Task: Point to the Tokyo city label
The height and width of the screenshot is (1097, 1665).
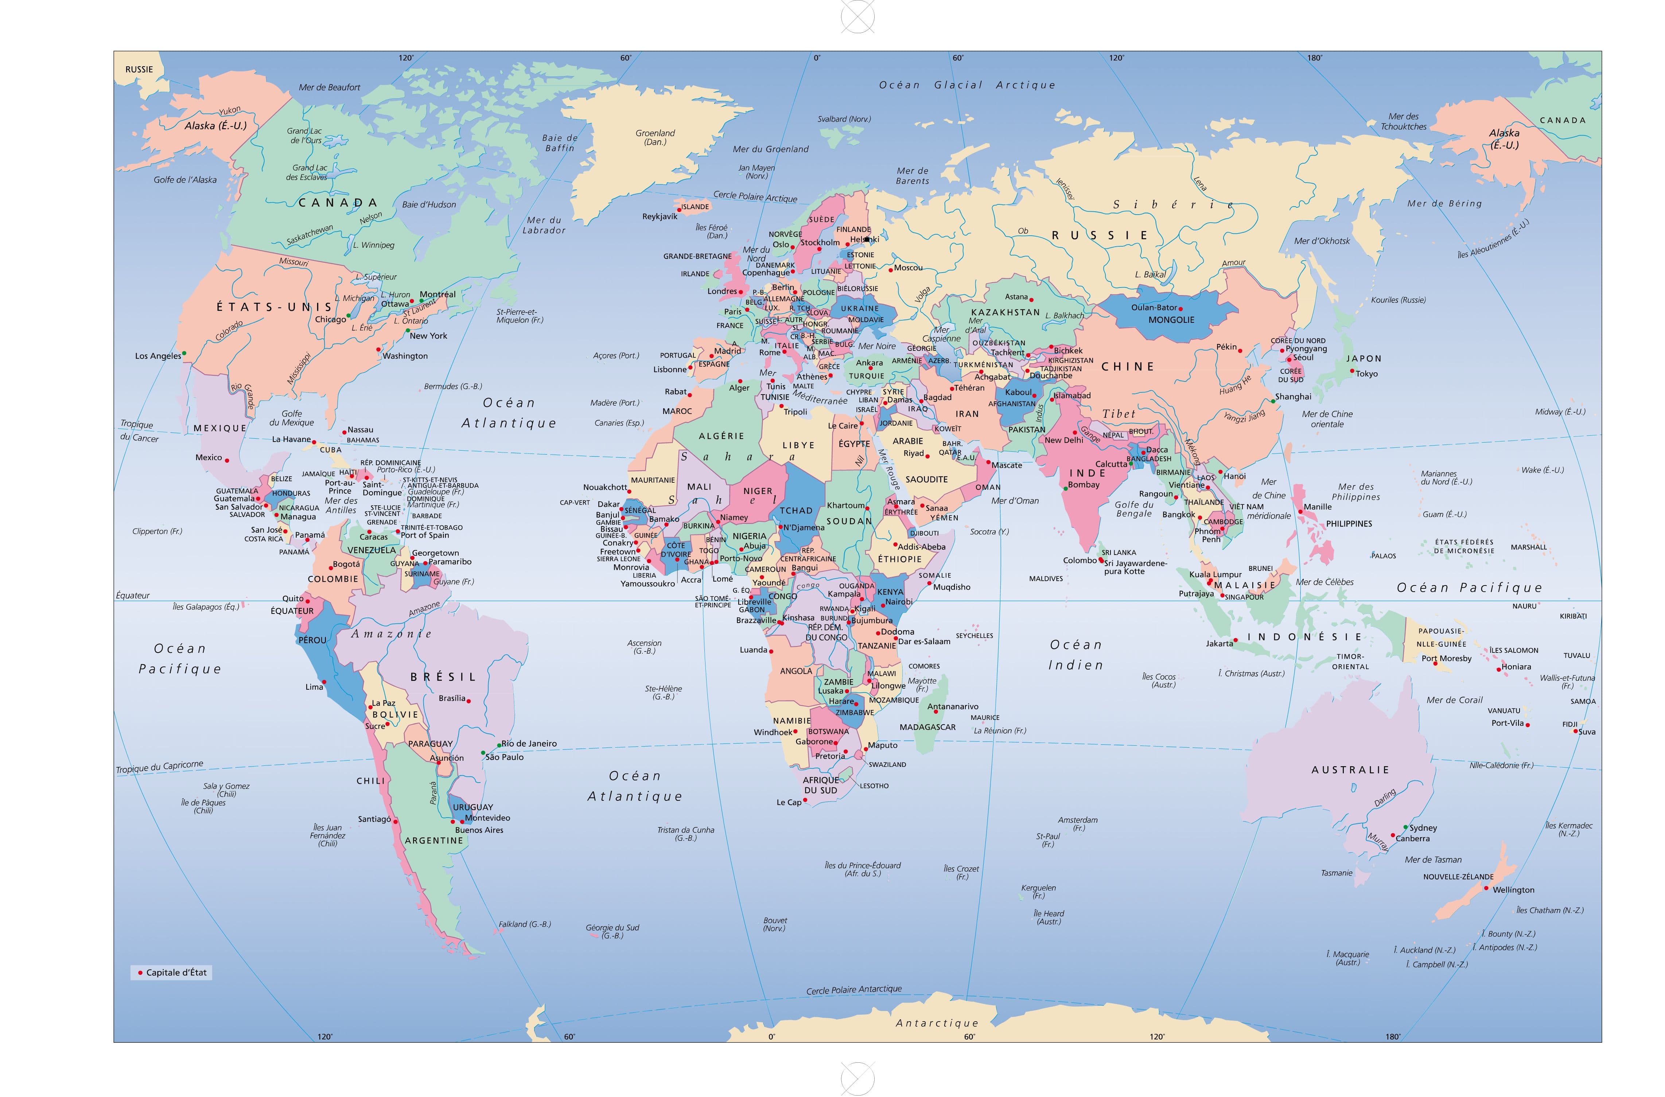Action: (1366, 373)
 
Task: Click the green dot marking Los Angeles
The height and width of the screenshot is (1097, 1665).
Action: (184, 353)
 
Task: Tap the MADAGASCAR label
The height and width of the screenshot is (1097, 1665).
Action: (927, 727)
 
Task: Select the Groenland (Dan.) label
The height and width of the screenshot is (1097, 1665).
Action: (655, 137)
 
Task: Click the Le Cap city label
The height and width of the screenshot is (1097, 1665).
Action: (789, 803)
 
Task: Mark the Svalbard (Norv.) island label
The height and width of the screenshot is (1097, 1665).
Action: (844, 119)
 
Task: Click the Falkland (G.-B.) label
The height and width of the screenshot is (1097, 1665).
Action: (524, 924)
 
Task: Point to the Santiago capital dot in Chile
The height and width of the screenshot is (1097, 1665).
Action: (396, 821)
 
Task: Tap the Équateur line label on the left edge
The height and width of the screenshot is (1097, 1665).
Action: (133, 595)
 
